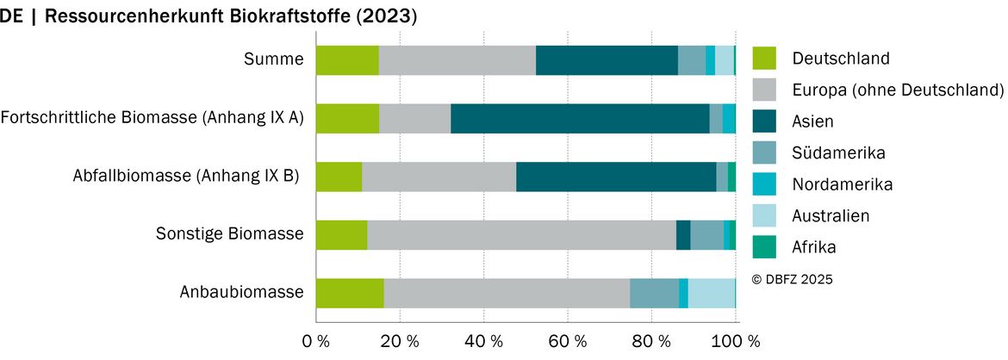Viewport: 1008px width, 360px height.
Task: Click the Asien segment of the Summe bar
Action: [607, 60]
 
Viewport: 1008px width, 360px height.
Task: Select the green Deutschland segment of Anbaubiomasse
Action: [351, 293]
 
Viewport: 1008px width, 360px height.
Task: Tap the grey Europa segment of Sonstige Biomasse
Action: [521, 235]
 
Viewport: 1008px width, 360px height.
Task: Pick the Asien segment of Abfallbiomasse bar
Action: [617, 177]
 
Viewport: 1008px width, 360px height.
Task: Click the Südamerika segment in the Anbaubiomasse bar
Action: [655, 293]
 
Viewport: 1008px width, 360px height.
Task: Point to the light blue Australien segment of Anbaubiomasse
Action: [712, 293]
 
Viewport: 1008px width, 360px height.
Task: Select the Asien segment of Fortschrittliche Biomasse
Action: [580, 118]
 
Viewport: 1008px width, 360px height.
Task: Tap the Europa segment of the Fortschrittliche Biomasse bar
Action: [414, 118]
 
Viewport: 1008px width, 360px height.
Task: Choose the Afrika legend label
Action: [814, 247]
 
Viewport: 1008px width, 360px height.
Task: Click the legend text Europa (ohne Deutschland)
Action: [898, 90]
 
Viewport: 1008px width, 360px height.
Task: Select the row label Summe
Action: [274, 59]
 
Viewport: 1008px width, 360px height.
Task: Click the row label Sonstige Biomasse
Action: [229, 234]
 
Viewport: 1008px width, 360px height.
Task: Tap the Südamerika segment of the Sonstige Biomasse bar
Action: [707, 235]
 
